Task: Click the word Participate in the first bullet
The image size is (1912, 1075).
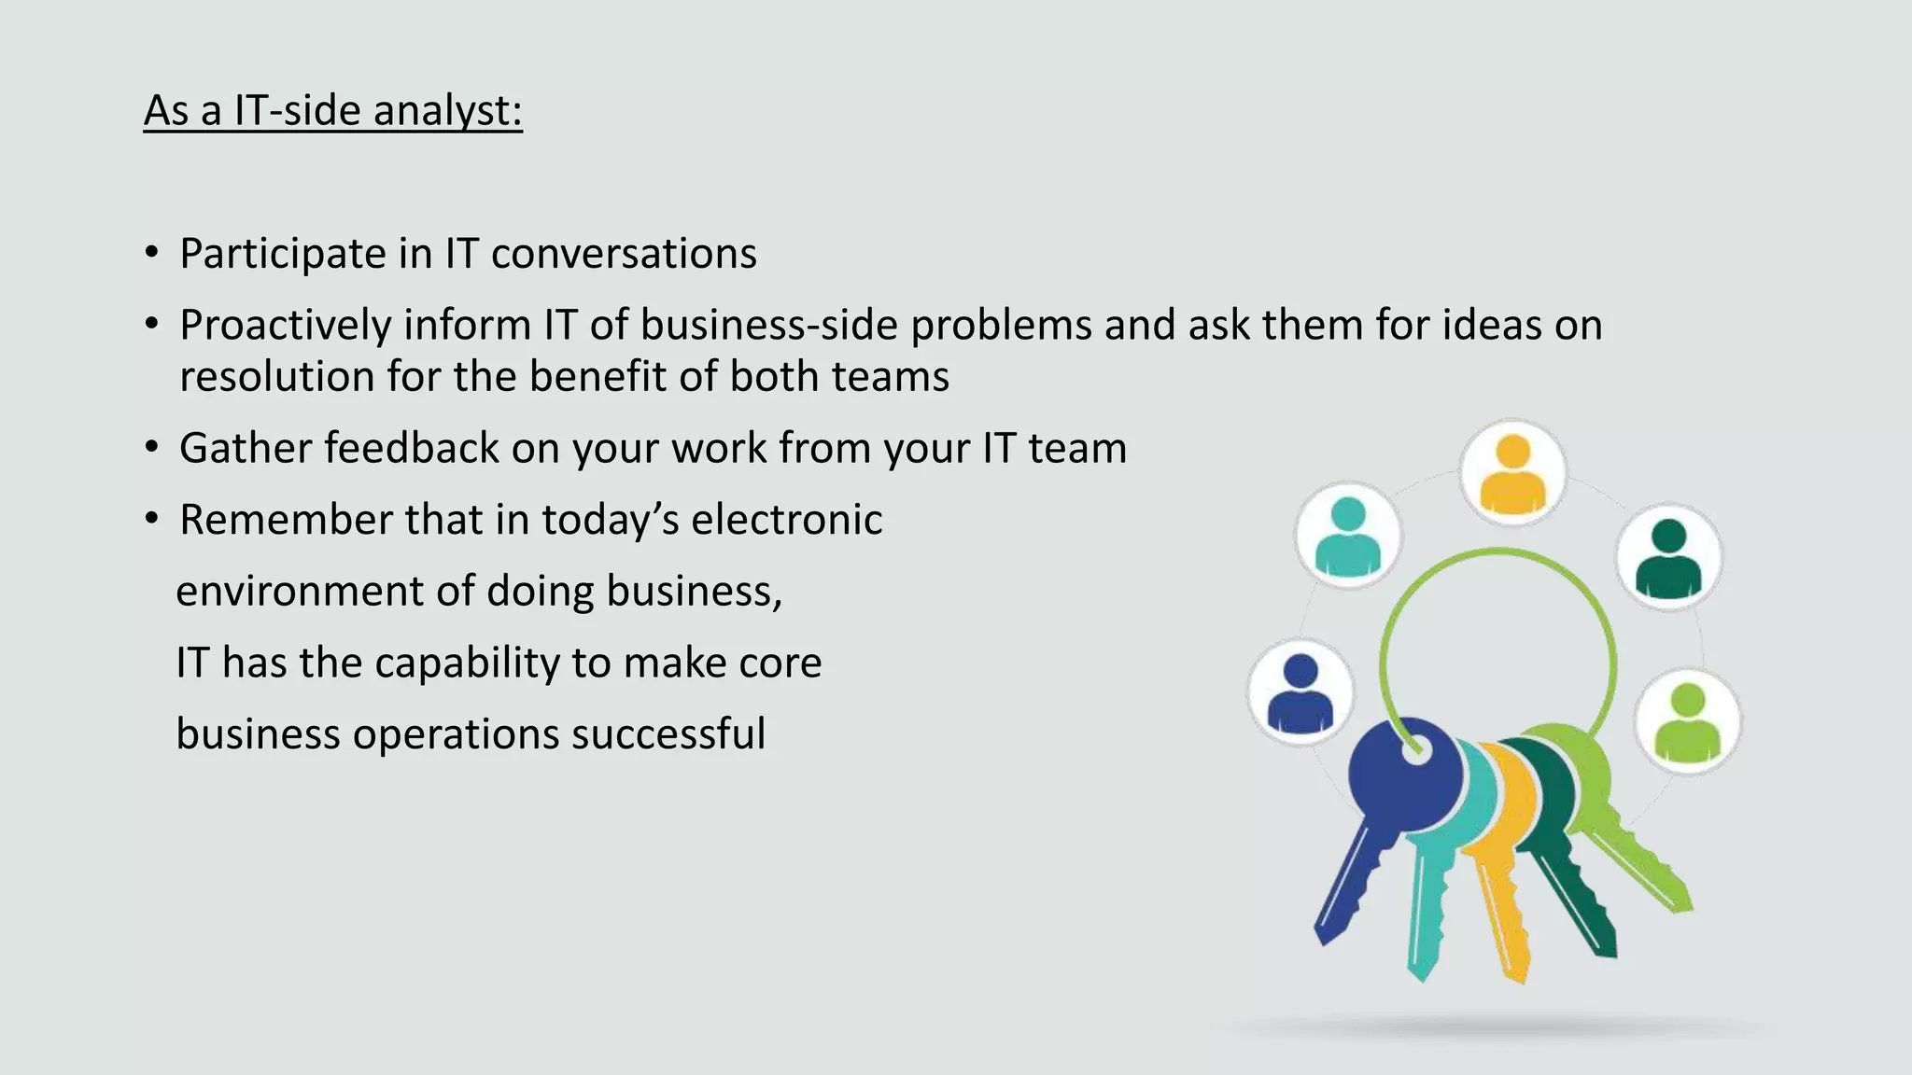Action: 283,255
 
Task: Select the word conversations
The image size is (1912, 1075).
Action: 624,254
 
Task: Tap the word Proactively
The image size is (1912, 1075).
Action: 285,326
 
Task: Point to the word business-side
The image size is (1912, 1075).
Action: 768,326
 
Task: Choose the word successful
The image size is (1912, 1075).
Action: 668,733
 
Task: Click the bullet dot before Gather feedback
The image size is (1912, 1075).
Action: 152,448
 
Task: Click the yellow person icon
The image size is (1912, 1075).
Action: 1512,473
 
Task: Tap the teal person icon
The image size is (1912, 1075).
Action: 1347,536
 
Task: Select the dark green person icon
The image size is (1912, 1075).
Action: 1668,558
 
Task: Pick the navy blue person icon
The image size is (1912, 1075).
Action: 1300,693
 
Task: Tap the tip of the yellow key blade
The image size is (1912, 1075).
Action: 1519,975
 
